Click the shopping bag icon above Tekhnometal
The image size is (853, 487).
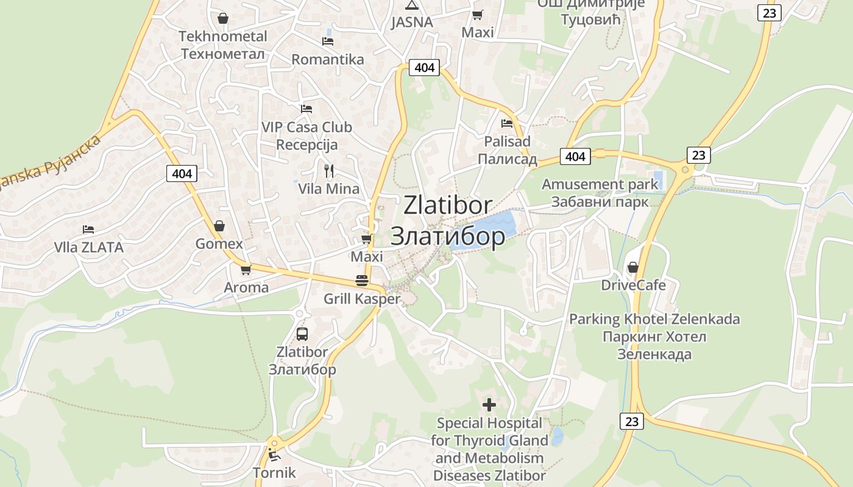[x=223, y=19]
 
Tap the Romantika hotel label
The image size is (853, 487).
[x=328, y=60]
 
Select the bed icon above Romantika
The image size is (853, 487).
[x=328, y=41]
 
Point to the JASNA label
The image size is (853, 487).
[x=412, y=23]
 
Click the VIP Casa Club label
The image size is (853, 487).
[x=306, y=128]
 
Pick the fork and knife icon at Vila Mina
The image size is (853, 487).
[x=329, y=170]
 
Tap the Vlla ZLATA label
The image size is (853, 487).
[x=89, y=248]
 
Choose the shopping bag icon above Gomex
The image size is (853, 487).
[x=219, y=226]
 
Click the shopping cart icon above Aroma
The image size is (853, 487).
[x=246, y=270]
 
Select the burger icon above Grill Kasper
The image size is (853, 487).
[x=362, y=281]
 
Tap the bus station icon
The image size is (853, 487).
[x=302, y=334]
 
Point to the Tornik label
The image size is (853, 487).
[x=274, y=472]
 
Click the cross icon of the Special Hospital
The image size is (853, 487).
[x=489, y=404]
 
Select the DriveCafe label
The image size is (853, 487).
[x=633, y=286]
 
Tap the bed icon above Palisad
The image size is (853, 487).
[x=507, y=124]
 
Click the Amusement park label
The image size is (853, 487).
[x=600, y=184]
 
